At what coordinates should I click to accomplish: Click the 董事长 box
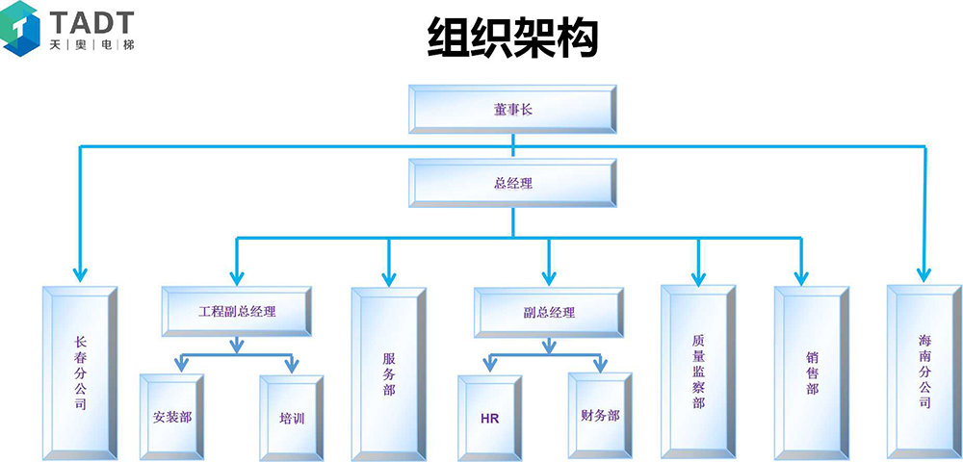512,109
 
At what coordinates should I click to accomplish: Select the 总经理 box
512,183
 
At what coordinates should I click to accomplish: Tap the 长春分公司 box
80,372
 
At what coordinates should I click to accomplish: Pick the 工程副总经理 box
237,312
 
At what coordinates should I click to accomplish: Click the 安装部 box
171,418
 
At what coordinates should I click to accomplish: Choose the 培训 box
292,418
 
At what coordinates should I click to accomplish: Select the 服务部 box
389,372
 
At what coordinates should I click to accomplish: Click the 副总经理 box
549,312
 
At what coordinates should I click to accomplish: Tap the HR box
489,418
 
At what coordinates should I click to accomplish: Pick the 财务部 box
600,418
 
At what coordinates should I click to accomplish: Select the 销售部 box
812,372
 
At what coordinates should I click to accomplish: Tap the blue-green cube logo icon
21,26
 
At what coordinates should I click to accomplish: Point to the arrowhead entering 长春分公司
80,275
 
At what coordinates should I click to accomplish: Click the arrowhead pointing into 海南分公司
924,274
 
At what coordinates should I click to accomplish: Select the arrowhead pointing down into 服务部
389,277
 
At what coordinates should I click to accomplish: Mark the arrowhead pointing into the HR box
489,366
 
